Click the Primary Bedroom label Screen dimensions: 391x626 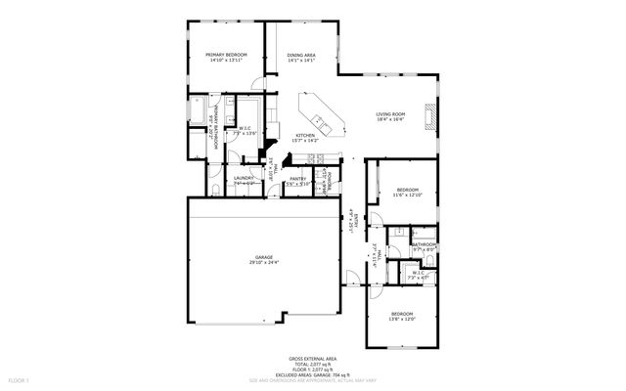(225, 56)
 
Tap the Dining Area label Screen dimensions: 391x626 (301, 56)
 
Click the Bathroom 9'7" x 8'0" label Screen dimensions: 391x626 (424, 246)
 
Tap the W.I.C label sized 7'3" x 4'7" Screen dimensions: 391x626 (417, 275)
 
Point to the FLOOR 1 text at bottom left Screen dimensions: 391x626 (20, 378)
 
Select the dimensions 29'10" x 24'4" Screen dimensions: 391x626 (263, 262)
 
